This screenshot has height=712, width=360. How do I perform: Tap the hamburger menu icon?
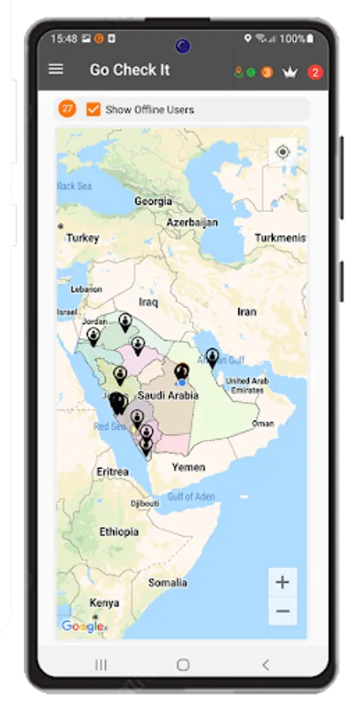pos(56,69)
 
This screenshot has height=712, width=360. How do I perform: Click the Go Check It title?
pos(130,70)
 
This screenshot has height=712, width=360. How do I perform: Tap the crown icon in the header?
pos(290,72)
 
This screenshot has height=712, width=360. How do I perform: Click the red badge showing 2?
pos(315,72)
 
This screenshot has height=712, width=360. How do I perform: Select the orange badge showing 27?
pos(67,109)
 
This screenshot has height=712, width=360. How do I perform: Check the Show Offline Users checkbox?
pos(93,109)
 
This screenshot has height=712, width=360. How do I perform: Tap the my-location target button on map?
pos(282,151)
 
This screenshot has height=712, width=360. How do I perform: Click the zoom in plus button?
pos(282,582)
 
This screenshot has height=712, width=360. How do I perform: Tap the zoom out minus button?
pos(282,611)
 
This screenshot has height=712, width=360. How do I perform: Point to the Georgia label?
pos(153,202)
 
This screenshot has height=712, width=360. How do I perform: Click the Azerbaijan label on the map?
pos(191,223)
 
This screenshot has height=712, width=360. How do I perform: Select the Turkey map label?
pos(83,237)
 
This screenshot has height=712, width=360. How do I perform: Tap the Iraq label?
pos(149,301)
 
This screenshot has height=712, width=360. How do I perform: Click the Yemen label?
pos(188,467)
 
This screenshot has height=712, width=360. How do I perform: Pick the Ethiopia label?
pos(119,532)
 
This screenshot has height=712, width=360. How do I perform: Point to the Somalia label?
pos(168,583)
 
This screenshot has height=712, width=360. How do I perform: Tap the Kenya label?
pos(104,603)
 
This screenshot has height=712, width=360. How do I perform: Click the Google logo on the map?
pos(81,627)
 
